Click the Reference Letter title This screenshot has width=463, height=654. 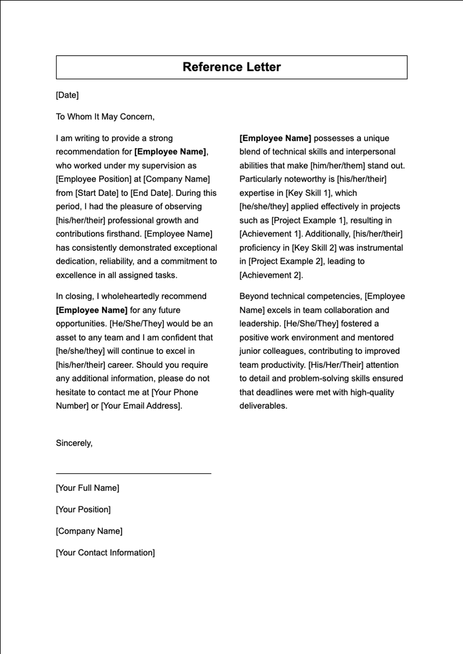point(231,67)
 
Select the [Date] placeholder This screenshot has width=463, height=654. point(67,95)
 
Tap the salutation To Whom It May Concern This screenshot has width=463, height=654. point(105,117)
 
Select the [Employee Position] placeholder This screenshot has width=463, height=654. point(94,179)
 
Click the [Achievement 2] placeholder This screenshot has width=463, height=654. point(271,275)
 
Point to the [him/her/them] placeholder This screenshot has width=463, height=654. point(337,166)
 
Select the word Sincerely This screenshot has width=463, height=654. point(74,443)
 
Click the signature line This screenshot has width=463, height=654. point(133,473)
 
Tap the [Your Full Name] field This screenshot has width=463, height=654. point(88,488)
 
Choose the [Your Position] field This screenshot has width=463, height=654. point(83,509)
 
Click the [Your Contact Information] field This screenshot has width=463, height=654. point(105,553)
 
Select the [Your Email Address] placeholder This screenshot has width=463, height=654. point(141,406)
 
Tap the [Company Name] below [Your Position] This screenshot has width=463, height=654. point(89,531)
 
